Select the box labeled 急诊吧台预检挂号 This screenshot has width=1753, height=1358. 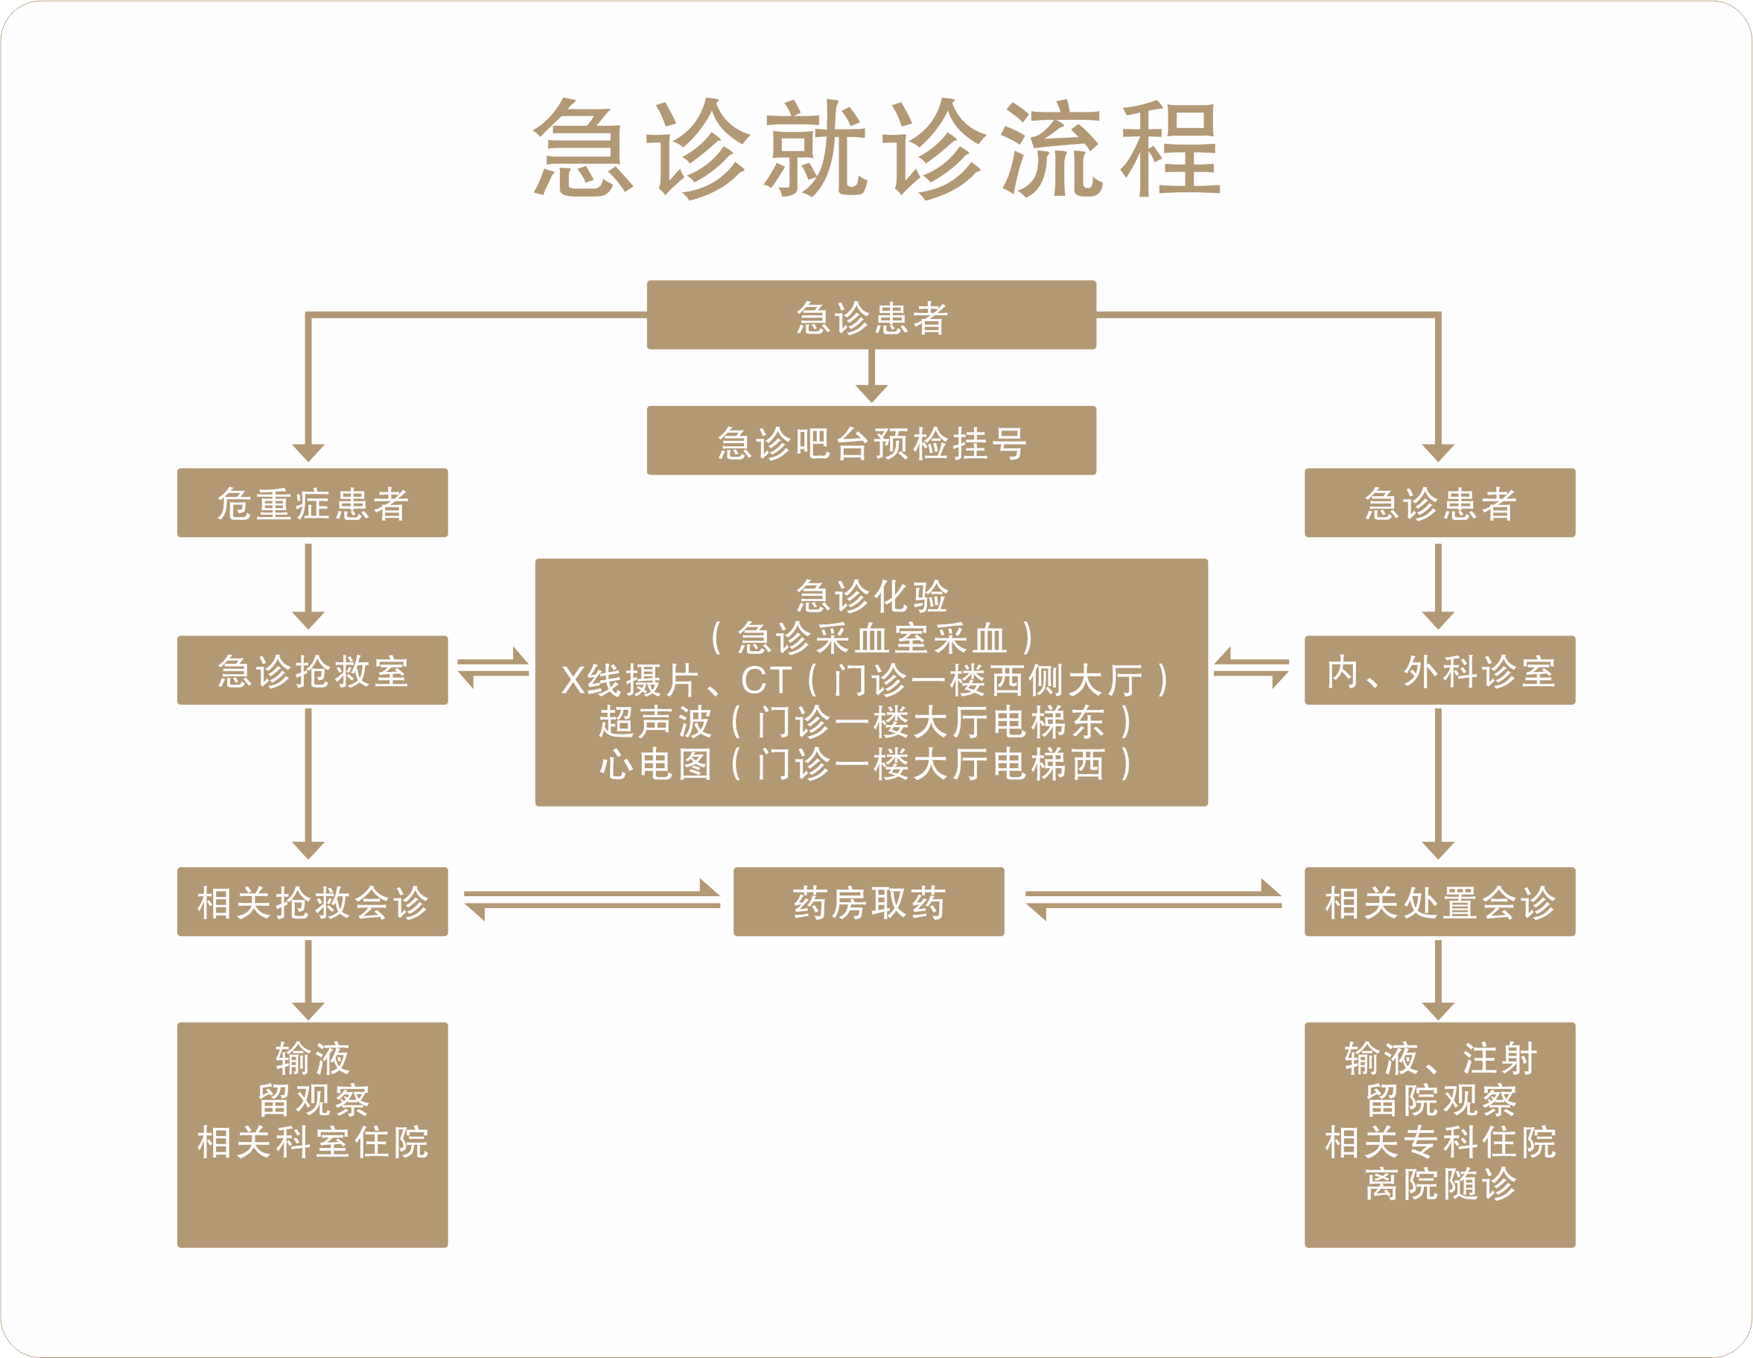(871, 441)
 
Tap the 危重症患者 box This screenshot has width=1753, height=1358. (312, 503)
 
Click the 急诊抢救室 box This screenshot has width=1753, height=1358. (312, 670)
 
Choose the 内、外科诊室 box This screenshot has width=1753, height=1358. (1439, 670)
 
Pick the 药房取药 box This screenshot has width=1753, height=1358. (868, 901)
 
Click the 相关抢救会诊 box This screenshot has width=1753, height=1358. (312, 901)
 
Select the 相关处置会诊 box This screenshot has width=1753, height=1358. (1439, 901)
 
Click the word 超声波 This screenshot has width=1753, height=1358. (655, 722)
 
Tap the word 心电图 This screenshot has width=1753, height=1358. (655, 764)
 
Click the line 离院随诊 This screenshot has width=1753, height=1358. (1440, 1183)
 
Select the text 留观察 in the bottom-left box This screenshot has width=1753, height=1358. (312, 1100)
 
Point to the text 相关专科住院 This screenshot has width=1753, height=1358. (1440, 1141)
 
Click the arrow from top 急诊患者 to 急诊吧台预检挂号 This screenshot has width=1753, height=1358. (871, 378)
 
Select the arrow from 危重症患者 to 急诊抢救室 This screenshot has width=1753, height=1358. (308, 586)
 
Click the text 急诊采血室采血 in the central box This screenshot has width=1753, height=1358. (871, 638)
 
